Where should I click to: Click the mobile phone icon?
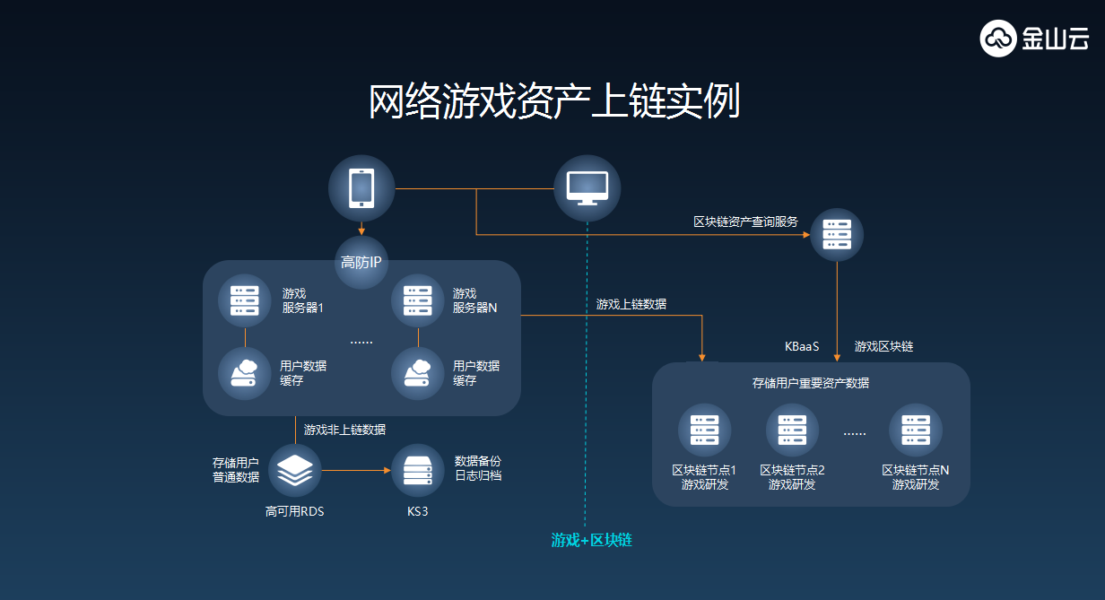tap(361, 188)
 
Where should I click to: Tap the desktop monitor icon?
tap(587, 187)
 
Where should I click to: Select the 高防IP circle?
tap(361, 263)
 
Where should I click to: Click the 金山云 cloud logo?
tap(998, 39)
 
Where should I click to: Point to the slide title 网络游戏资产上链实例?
tap(553, 102)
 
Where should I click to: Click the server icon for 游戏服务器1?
tap(245, 300)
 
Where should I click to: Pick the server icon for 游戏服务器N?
tap(418, 300)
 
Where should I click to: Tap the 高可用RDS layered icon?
tap(295, 470)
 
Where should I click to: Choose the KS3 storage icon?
tap(418, 470)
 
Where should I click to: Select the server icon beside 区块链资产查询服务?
tap(837, 234)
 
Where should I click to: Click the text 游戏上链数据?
tap(631, 304)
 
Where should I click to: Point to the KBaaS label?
tap(803, 346)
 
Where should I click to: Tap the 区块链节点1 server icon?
tap(705, 430)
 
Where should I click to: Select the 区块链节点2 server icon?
tap(792, 430)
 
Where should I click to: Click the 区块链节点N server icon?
tap(916, 430)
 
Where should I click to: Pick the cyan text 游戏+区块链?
tap(591, 541)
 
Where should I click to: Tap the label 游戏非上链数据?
tap(344, 430)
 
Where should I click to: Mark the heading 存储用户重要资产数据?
tap(810, 383)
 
